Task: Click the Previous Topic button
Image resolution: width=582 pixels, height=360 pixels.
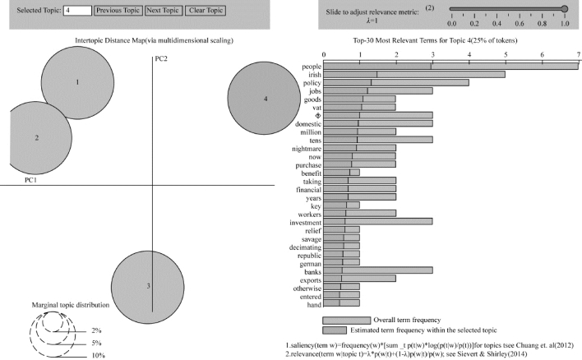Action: tap(118, 11)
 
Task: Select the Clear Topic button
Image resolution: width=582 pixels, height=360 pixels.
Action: tap(206, 11)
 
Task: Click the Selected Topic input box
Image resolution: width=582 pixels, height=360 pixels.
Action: tap(77, 11)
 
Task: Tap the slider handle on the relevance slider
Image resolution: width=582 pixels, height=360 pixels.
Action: tap(565, 9)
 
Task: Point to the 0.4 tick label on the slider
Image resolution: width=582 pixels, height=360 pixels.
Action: tap(497, 24)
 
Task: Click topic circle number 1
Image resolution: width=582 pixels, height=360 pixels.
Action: tap(77, 83)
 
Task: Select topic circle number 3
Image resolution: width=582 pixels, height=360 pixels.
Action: tap(148, 287)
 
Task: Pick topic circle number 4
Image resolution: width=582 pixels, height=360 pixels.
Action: tap(264, 98)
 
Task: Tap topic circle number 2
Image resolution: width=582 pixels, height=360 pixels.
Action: tap(35, 138)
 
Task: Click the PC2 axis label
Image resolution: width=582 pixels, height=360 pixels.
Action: tap(161, 58)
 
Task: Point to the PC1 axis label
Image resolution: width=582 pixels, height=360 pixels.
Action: tap(30, 180)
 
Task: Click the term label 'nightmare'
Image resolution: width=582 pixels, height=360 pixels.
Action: tap(307, 149)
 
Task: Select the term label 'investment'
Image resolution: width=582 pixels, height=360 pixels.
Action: tap(306, 223)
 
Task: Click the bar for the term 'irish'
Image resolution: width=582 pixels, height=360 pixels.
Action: tap(414, 75)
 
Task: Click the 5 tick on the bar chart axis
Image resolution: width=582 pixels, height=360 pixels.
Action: tap(506, 54)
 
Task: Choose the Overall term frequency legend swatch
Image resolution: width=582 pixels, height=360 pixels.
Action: tap(347, 321)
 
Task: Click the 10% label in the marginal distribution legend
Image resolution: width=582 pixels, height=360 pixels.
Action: tap(99, 356)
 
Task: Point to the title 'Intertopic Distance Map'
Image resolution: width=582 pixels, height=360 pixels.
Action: tap(110, 40)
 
